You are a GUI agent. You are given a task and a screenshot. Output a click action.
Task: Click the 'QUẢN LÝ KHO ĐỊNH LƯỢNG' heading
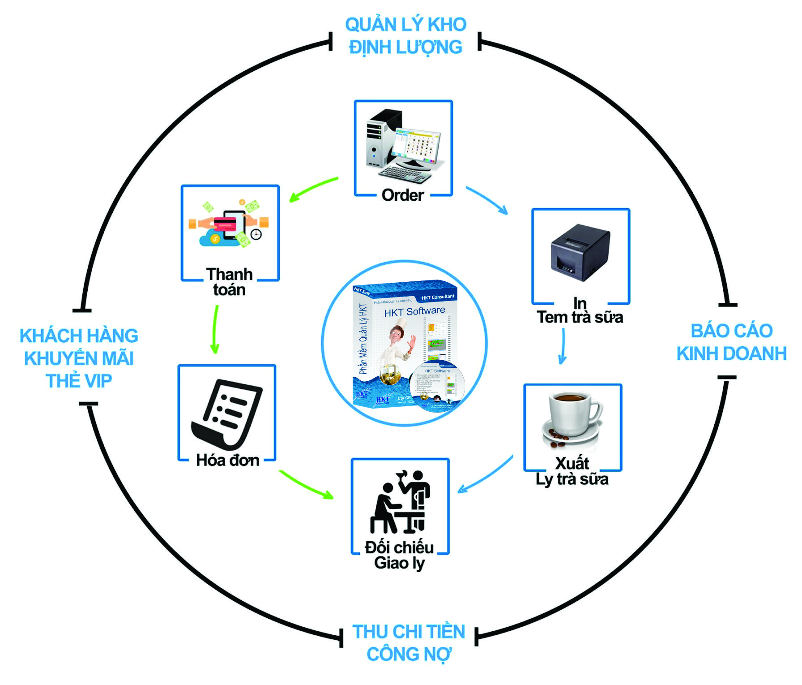pos(405,36)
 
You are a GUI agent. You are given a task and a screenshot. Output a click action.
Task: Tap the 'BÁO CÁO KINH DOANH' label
pos(731,342)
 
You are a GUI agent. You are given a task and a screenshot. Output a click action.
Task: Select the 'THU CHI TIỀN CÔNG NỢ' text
pos(409,643)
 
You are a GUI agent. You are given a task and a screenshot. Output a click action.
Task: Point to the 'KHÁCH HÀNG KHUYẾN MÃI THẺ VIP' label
pos(79,358)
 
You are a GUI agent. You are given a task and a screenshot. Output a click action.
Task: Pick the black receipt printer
pos(580,252)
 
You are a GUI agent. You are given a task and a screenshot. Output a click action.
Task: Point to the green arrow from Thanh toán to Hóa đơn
pos(215,330)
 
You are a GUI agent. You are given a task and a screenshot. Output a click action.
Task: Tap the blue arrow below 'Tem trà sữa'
pos(563,346)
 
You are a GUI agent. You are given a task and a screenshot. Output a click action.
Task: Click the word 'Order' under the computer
pos(402,195)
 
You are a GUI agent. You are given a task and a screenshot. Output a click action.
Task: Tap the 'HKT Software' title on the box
pos(414,311)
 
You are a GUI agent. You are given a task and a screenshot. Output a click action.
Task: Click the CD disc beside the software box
pos(437,386)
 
